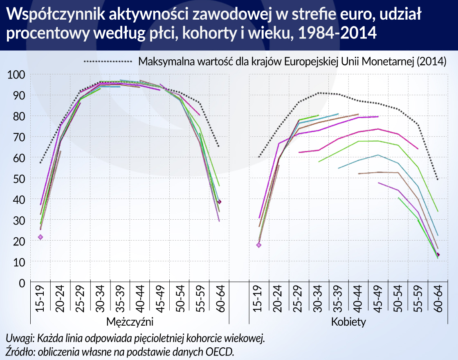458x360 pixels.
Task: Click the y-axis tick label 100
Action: [x=17, y=75]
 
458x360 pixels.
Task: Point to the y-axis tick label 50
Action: [x=19, y=179]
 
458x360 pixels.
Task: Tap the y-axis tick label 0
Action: [x=22, y=283]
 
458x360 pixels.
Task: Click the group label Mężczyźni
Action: [x=130, y=322]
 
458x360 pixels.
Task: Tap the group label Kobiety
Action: [x=348, y=322]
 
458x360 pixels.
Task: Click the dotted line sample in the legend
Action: [x=108, y=61]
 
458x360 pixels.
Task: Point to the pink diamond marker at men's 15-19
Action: [x=40, y=237]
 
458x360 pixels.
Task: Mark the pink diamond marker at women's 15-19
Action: [x=258, y=245]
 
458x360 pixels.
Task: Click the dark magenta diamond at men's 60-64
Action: [x=219, y=202]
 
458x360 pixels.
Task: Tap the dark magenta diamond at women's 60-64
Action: [x=438, y=254]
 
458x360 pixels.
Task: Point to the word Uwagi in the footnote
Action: [x=19, y=339]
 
